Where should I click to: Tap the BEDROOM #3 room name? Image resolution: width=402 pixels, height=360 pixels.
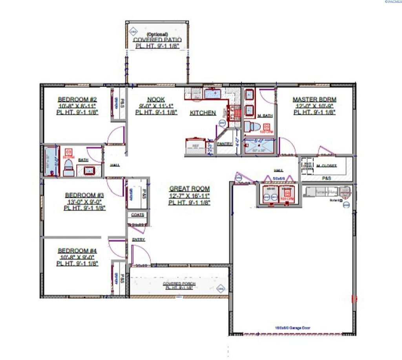(84, 195)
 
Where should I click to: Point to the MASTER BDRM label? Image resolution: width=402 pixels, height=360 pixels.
(314, 100)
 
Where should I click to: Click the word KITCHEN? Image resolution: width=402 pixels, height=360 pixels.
(203, 113)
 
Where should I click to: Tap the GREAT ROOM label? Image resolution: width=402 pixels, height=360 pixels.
(189, 189)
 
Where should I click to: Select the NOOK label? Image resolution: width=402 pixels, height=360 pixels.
(156, 100)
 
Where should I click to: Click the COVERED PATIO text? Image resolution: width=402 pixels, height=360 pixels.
(157, 40)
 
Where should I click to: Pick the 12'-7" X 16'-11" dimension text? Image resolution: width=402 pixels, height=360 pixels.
(189, 196)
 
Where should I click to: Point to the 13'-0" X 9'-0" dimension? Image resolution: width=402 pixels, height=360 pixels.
(84, 202)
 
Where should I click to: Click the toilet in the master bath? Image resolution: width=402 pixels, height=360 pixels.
(250, 127)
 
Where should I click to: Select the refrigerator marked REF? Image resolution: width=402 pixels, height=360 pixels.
(196, 145)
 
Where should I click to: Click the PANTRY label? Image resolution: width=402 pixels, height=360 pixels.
(225, 144)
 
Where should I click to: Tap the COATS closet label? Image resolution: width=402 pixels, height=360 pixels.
(138, 215)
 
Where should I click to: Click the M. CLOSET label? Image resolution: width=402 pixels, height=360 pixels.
(327, 166)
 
